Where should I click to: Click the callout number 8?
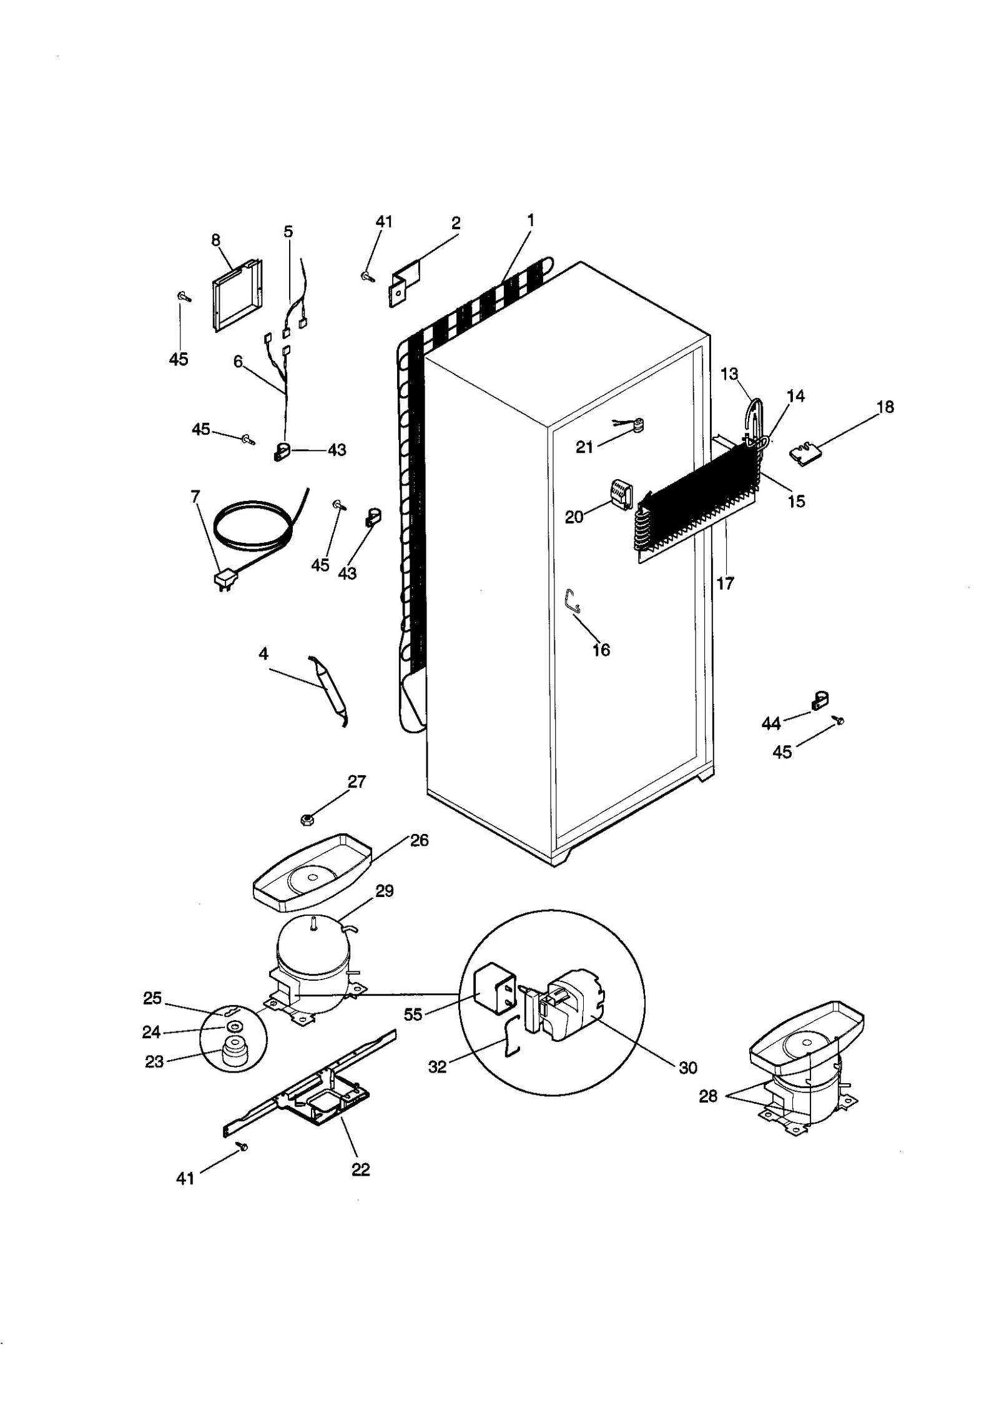[215, 240]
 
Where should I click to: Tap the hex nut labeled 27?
[307, 820]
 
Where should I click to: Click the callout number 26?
[420, 841]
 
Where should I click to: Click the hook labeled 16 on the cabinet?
[573, 601]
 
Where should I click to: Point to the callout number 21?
[584, 447]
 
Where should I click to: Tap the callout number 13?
[729, 374]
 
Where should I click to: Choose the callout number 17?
[725, 583]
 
